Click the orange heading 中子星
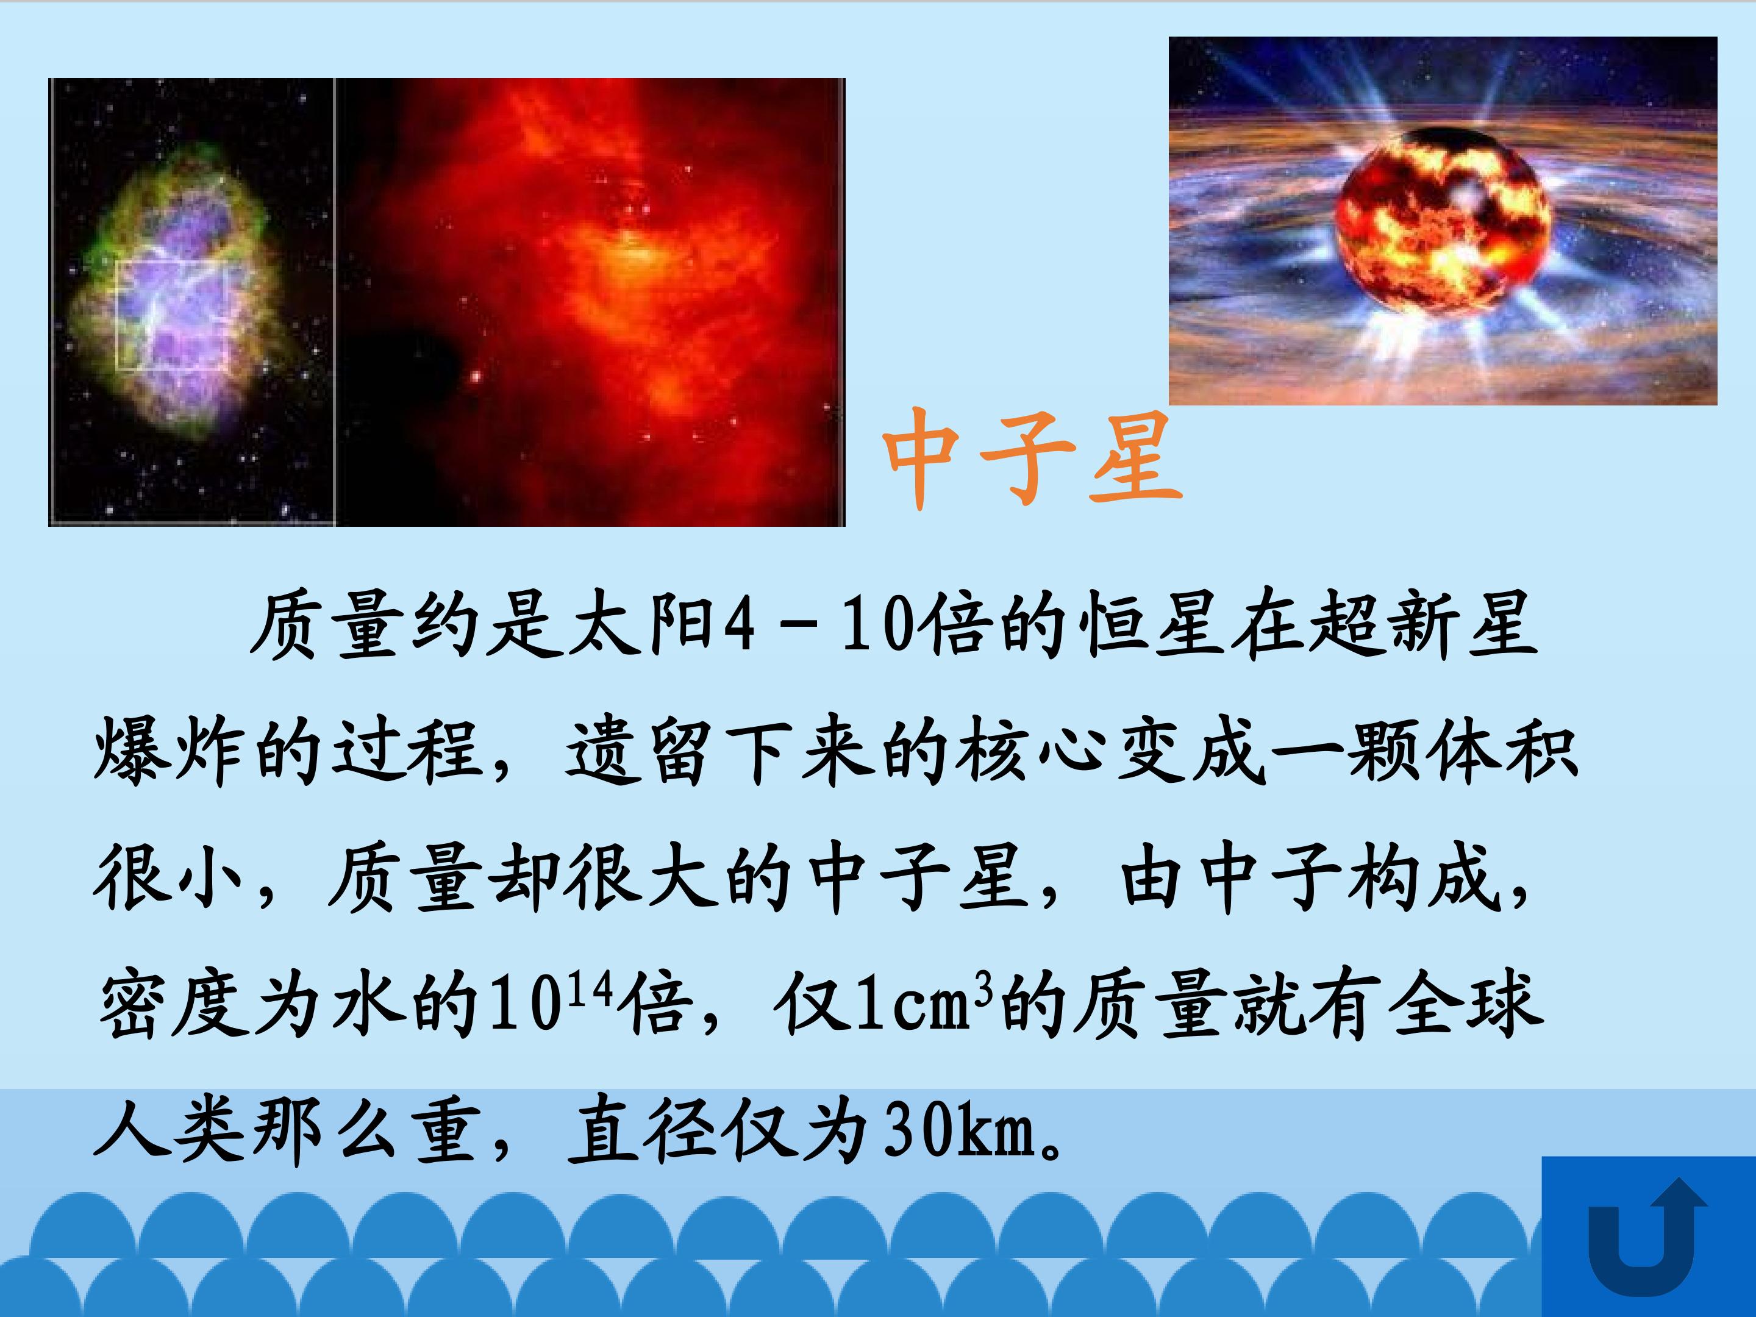pos(1033,460)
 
